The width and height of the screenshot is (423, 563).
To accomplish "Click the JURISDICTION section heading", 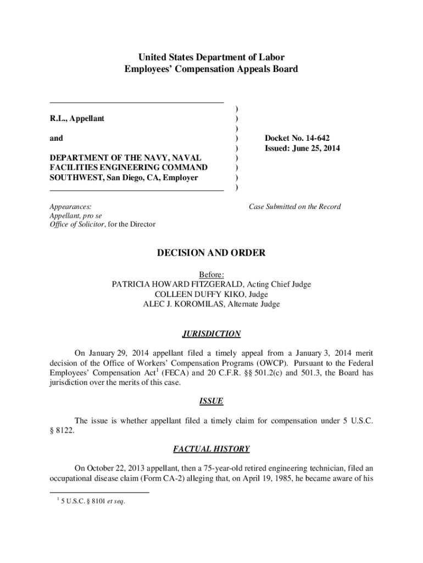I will click(211, 334).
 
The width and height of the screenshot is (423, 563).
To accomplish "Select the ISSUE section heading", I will click(211, 401).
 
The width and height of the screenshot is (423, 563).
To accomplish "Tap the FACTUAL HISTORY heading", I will click(211, 449).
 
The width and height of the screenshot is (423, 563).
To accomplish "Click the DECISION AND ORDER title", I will click(211, 253).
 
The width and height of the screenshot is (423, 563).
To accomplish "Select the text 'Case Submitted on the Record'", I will click(294, 207).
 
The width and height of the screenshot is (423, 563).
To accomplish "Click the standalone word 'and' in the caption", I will click(56, 139).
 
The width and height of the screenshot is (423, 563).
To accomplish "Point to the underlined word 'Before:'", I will click(211, 274).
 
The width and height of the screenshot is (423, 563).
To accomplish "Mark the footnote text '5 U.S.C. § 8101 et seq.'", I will click(93, 501).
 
